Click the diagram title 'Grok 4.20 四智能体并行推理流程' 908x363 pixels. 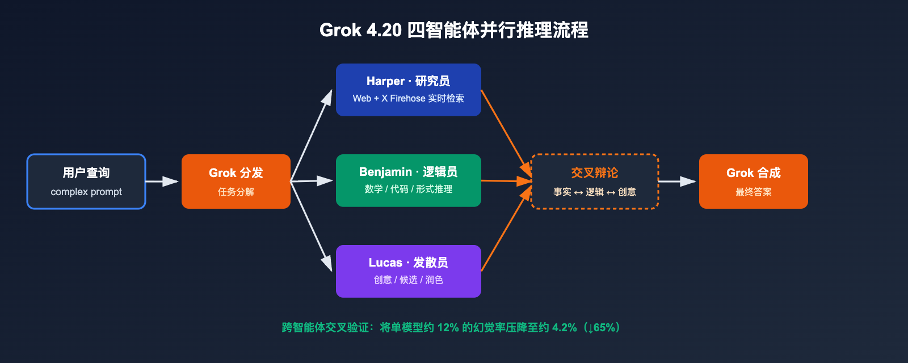tap(454, 30)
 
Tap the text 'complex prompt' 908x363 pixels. tap(86, 192)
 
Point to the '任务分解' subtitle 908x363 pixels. tap(236, 192)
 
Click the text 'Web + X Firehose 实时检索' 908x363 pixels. tap(408, 98)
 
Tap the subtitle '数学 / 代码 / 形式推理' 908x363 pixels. tap(408, 189)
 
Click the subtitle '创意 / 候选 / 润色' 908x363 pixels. tap(408, 280)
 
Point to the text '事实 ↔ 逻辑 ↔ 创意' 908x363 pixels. tap(594, 192)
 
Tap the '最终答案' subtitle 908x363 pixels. tap(753, 192)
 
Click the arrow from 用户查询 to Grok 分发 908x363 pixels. tap(162, 181)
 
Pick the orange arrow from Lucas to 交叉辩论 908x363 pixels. tap(506, 227)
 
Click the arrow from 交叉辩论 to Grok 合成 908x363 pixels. tap(676, 181)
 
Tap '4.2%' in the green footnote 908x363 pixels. tap(564, 328)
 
